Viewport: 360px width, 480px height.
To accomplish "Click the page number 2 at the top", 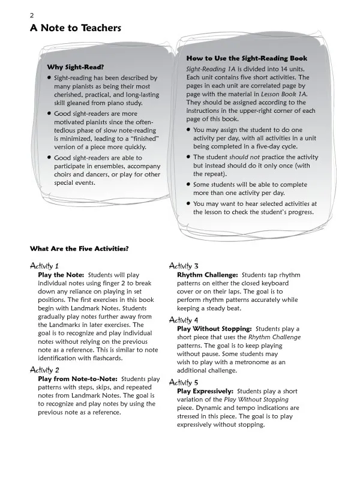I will tap(32, 15).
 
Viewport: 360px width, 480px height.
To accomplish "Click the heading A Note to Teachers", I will tap(76, 28).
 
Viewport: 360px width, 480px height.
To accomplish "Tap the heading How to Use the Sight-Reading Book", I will tap(247, 58).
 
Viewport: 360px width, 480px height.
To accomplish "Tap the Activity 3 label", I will tap(184, 265).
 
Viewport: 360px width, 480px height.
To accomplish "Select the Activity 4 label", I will tap(184, 320).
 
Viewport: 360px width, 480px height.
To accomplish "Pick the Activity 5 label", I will tap(184, 382).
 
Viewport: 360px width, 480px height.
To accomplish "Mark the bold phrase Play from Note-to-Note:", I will tap(77, 379).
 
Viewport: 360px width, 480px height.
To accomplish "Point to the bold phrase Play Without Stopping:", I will tap(214, 329).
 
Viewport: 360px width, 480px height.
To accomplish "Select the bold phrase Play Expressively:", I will tap(206, 391).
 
